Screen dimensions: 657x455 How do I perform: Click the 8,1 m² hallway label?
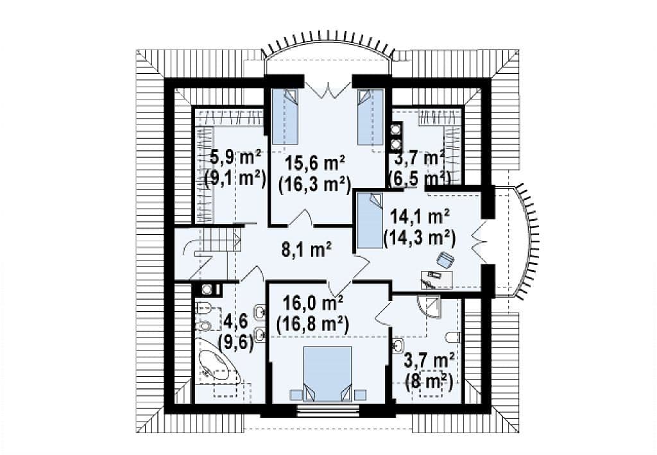point(306,250)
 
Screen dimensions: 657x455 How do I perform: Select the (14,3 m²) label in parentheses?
point(420,239)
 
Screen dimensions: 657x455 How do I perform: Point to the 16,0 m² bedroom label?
point(313,302)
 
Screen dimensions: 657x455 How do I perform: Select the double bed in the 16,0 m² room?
point(327,373)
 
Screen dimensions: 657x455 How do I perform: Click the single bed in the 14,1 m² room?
point(370,220)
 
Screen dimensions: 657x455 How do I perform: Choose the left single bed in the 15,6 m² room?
point(284,116)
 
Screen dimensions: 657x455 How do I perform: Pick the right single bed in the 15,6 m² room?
point(370,116)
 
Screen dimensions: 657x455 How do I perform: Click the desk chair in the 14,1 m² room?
point(445,260)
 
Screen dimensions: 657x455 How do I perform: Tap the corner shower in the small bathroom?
point(429,307)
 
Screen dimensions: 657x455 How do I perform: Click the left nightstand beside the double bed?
point(296,395)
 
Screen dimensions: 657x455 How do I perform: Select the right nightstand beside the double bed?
point(360,395)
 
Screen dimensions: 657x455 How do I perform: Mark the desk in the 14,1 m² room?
point(437,279)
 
